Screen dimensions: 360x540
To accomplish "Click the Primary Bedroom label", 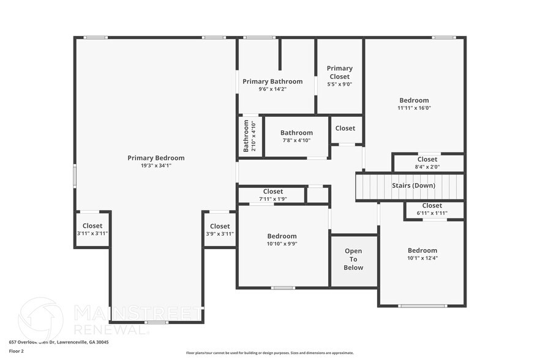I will pyautogui.click(x=156, y=158).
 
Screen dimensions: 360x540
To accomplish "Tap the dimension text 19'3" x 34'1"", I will pyautogui.click(x=156, y=165).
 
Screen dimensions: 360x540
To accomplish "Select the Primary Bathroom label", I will pyautogui.click(x=272, y=81).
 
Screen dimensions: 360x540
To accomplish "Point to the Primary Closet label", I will pyautogui.click(x=339, y=72).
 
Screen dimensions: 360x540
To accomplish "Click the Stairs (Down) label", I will pyautogui.click(x=414, y=186).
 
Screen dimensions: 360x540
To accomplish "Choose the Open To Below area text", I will pyautogui.click(x=353, y=259).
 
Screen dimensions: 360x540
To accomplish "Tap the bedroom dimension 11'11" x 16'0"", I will pyautogui.click(x=414, y=108).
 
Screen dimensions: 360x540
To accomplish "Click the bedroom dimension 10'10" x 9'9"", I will pyautogui.click(x=282, y=244).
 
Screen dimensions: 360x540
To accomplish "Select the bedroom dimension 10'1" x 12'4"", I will pyautogui.click(x=422, y=258).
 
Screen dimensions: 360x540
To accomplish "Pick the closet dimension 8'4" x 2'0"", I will pyautogui.click(x=427, y=167).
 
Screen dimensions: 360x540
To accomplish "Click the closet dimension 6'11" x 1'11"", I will pyautogui.click(x=432, y=213).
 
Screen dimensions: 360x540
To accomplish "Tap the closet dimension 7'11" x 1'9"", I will pyautogui.click(x=272, y=199).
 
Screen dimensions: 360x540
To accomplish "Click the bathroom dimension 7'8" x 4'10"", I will pyautogui.click(x=296, y=140).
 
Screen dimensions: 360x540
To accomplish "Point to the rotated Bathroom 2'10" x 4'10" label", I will pyautogui.click(x=250, y=136).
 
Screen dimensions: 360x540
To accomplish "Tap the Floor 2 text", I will pyautogui.click(x=16, y=351).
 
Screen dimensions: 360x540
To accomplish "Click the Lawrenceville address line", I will pyautogui.click(x=59, y=342).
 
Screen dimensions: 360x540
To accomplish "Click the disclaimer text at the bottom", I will pyautogui.click(x=269, y=353).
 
